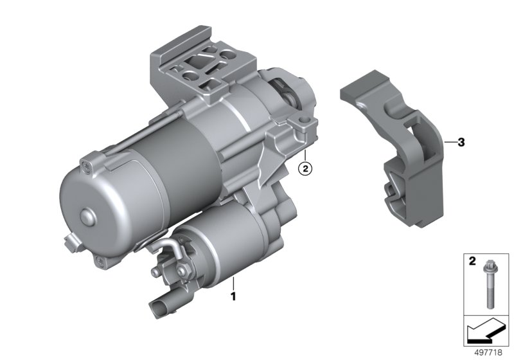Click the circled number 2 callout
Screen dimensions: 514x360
[305, 169]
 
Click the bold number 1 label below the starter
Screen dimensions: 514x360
[233, 297]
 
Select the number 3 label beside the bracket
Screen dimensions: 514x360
[461, 143]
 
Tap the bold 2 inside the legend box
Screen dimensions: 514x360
[472, 261]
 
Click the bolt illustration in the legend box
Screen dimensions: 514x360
[488, 285]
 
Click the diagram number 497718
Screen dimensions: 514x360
[488, 352]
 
